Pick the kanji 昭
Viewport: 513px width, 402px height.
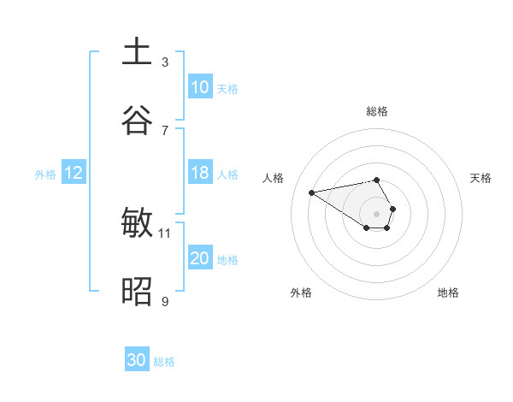tap(138, 293)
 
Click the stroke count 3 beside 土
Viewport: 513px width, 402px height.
tap(165, 62)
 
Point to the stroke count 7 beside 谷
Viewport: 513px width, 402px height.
tap(165, 130)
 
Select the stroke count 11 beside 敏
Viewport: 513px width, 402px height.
tap(165, 233)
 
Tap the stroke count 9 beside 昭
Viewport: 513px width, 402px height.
tap(165, 301)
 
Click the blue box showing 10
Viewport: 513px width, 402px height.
tap(200, 87)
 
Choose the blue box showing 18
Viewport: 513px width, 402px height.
tap(200, 173)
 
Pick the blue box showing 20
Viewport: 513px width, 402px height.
tap(200, 258)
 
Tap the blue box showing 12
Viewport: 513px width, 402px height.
tap(74, 173)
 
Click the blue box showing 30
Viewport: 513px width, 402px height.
tap(137, 360)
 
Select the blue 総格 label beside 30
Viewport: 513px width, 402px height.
tap(164, 362)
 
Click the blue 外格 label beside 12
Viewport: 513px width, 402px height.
tap(45, 174)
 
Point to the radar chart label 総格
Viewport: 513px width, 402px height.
tap(377, 111)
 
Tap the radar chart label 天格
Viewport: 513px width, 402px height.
tap(481, 178)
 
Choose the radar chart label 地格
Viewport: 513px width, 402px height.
tap(448, 293)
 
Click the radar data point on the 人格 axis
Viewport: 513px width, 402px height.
tap(312, 192)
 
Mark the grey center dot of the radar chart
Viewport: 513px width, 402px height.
tap(377, 213)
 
